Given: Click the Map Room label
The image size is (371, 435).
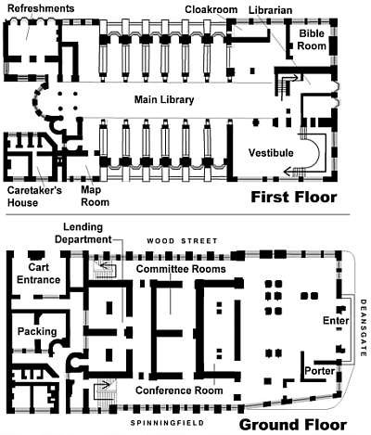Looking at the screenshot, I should click(96, 196).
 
